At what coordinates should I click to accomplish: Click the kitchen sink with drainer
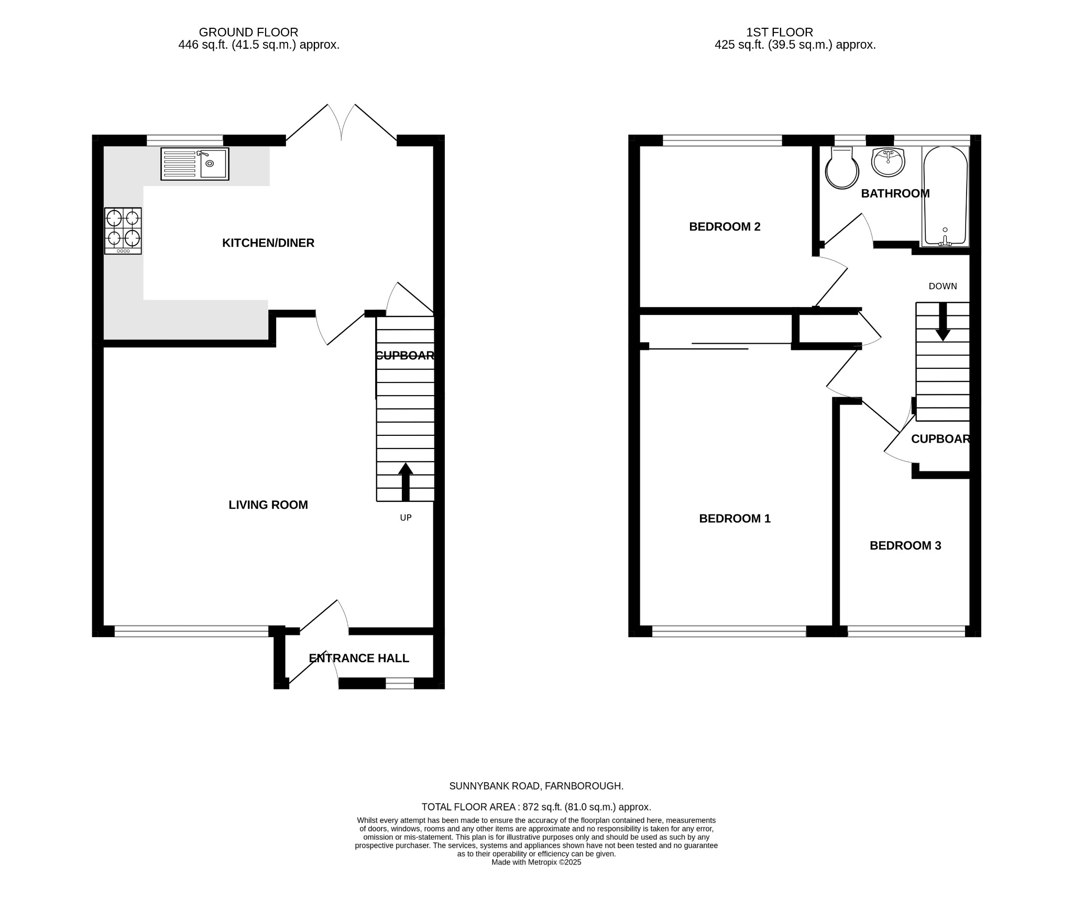pos(194,164)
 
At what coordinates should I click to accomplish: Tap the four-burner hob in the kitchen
pos(123,231)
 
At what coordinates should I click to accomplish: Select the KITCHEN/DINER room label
pos(268,243)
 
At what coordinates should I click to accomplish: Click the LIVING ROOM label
pos(268,505)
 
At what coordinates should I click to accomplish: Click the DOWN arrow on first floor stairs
pos(943,321)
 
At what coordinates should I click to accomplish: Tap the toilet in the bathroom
pos(841,168)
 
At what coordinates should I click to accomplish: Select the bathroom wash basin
pos(888,162)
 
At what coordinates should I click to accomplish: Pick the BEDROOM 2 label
pos(725,227)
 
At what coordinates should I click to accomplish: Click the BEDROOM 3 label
pos(905,546)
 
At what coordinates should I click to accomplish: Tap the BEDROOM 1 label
pos(735,519)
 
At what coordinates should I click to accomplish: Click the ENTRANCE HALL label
pos(359,659)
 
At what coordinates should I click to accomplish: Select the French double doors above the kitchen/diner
pos(341,123)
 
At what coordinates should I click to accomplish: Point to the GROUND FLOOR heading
pos(248,32)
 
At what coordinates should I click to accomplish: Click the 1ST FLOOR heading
pos(780,32)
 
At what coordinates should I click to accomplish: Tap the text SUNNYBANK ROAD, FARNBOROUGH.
pos(536,786)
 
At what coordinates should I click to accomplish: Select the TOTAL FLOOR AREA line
pos(536,807)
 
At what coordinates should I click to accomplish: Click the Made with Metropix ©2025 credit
pos(536,862)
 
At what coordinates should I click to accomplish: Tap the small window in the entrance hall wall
pos(400,683)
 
